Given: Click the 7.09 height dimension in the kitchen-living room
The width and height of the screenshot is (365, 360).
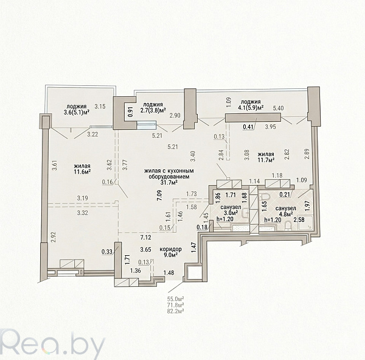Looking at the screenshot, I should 159,196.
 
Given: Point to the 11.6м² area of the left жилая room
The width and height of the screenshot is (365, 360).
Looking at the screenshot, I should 83,172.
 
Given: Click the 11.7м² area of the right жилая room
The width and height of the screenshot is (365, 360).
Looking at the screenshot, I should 265,160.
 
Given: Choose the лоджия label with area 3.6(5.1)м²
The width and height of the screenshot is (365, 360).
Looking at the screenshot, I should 77,109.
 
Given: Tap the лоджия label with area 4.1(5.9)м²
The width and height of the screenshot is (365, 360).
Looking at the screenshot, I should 251,105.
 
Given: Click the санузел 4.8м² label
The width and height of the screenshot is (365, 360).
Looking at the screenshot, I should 285,211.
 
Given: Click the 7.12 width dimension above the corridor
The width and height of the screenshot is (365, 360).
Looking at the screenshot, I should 145,238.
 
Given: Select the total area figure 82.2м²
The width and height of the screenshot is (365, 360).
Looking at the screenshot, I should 176,311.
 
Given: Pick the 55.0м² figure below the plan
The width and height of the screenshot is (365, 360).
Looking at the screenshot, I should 176,299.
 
